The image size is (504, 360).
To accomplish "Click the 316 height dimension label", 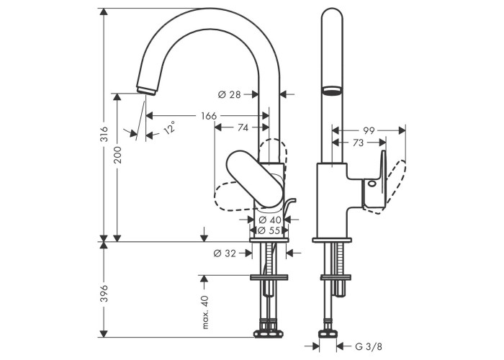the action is pyautogui.click(x=104, y=134).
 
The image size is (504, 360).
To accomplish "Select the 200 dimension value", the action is pyautogui.click(x=117, y=155).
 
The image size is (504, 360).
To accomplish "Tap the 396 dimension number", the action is pyautogui.click(x=104, y=293).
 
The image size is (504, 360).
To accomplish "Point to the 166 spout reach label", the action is pyautogui.click(x=209, y=116).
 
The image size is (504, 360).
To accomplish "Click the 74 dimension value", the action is pyautogui.click(x=243, y=127).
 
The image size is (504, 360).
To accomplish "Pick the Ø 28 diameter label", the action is pyautogui.click(x=229, y=94).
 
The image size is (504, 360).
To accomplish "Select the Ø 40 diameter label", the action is pyautogui.click(x=270, y=220).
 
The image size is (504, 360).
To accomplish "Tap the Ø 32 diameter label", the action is pyautogui.click(x=225, y=253).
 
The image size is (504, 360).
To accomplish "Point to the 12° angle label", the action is pyautogui.click(x=169, y=127).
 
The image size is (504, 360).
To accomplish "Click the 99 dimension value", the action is pyautogui.click(x=369, y=130).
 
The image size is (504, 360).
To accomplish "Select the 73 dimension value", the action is pyautogui.click(x=358, y=143).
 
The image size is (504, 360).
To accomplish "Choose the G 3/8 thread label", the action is pyautogui.click(x=369, y=346).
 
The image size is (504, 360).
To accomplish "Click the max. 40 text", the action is pyautogui.click(x=205, y=312).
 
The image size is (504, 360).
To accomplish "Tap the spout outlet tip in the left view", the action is pyautogui.click(x=146, y=90).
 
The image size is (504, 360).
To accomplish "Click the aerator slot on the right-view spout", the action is pyautogui.click(x=331, y=90).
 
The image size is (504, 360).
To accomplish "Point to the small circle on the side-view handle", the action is pyautogui.click(x=372, y=184).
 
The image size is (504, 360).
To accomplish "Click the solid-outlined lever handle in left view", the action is pyautogui.click(x=255, y=179).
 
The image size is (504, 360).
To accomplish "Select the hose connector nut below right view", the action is pyautogui.click(x=328, y=334).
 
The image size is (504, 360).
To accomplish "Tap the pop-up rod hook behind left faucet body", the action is pyautogui.click(x=289, y=206).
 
